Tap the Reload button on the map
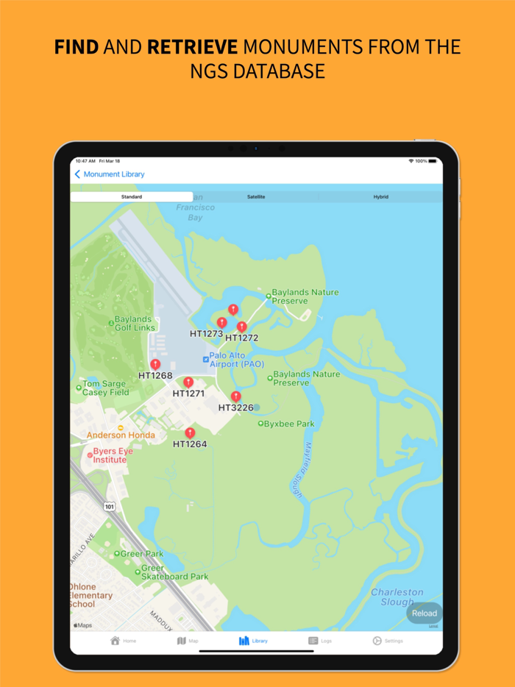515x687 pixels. point(424,613)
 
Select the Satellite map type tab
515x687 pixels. point(256,197)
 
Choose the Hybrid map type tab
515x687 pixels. point(380,197)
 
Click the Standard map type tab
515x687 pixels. point(132,197)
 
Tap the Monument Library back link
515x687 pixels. point(110,174)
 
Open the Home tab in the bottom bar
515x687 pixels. point(124,641)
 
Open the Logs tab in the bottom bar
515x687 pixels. point(320,641)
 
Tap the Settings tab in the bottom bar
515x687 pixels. point(388,641)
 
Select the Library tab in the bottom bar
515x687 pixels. point(253,641)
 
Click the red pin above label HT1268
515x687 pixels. point(155,364)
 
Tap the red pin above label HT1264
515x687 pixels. point(190,433)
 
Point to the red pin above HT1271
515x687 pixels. point(188,382)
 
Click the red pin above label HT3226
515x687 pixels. point(235,396)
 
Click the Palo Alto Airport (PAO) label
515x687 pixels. point(227,360)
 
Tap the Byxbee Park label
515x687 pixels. point(289,424)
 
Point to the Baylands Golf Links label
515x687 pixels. point(132,323)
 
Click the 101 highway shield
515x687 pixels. point(110,506)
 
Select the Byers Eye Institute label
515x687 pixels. point(109,455)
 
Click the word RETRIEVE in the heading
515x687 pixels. point(193,48)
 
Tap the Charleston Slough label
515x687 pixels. point(397,597)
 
